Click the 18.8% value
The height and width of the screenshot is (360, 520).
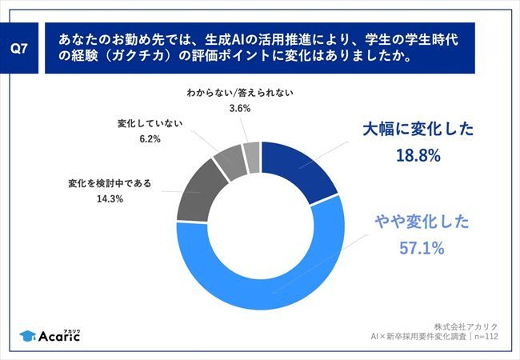(418, 156)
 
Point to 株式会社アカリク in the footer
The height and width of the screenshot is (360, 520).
(466, 326)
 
